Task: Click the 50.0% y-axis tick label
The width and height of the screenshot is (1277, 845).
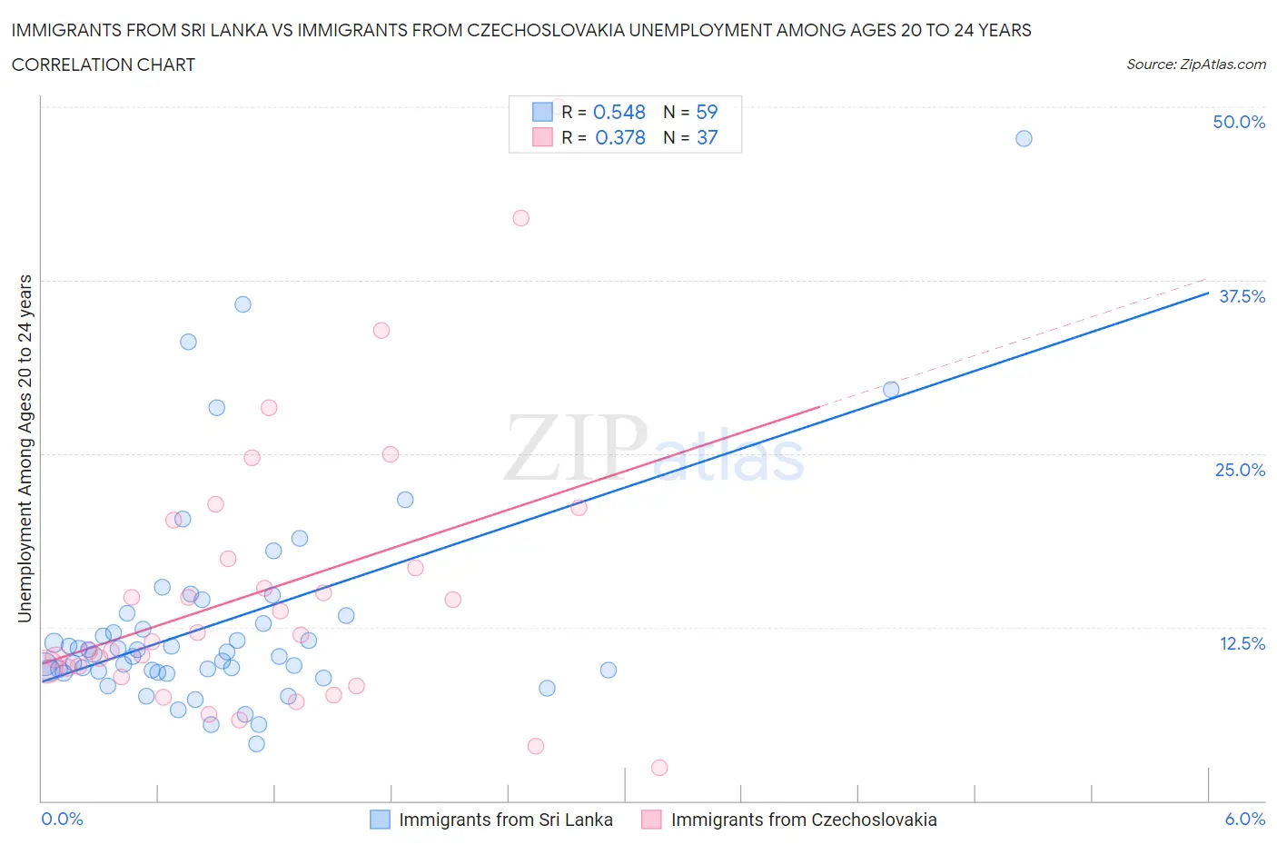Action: tap(1238, 122)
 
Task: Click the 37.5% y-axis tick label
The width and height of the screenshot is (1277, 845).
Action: tap(1241, 296)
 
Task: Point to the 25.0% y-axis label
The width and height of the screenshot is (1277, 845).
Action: tap(1239, 470)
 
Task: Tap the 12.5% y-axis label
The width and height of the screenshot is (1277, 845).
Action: tap(1241, 643)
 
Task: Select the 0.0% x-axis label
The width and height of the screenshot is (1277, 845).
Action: tap(62, 819)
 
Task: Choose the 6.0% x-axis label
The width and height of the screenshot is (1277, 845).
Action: tap(1244, 819)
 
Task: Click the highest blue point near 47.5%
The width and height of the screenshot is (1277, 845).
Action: tap(1024, 138)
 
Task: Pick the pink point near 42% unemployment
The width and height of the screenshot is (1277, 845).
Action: tap(520, 218)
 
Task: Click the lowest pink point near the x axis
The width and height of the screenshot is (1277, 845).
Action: tap(659, 768)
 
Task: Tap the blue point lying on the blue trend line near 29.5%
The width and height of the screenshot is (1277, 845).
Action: tap(891, 390)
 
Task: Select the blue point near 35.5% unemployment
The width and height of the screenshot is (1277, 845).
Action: tap(243, 304)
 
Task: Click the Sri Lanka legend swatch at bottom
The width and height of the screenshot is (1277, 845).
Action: tap(380, 820)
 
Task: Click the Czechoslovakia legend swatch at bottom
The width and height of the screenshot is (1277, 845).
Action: tap(651, 820)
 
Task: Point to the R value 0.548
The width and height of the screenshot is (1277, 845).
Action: tap(619, 112)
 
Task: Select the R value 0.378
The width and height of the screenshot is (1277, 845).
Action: tap(619, 137)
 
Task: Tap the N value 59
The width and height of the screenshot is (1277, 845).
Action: tap(707, 112)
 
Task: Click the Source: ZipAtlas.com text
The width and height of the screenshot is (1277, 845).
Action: tap(1195, 65)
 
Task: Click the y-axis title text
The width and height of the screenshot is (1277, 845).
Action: tap(25, 448)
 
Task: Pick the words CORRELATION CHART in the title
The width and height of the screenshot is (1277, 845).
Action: tap(104, 65)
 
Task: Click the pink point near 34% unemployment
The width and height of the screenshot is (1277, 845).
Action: tap(381, 331)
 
